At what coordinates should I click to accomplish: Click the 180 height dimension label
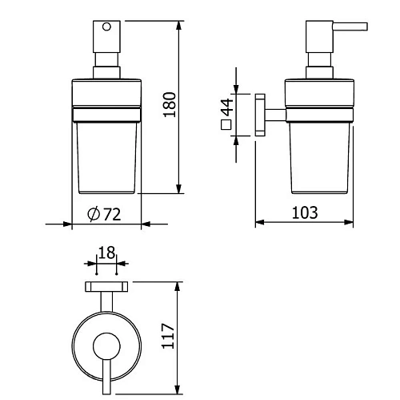(x=170, y=104)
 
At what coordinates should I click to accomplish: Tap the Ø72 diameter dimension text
(x=104, y=214)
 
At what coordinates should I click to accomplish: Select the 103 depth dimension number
(x=305, y=213)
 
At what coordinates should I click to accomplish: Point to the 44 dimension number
(x=227, y=107)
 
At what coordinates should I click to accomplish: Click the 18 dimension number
(x=106, y=253)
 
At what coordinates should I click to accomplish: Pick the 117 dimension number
(x=168, y=336)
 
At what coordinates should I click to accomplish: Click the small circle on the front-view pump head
(x=106, y=27)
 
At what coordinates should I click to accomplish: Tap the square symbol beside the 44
(x=226, y=125)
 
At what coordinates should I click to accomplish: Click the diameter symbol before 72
(x=94, y=214)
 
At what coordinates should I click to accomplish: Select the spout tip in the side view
(x=366, y=26)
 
